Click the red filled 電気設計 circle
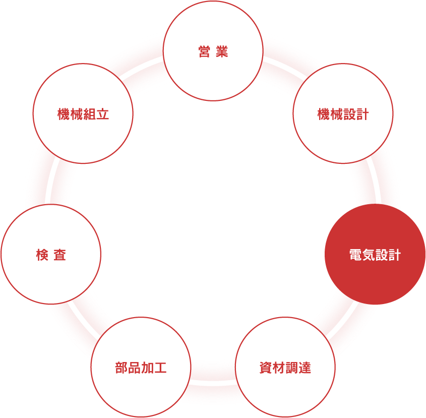(x=375, y=254)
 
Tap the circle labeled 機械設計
(x=343, y=113)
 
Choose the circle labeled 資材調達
(x=285, y=367)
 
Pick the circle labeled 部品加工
(x=141, y=367)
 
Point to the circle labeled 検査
(x=51, y=254)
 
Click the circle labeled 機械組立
(x=83, y=113)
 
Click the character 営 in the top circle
(x=204, y=52)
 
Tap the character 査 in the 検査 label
(x=60, y=255)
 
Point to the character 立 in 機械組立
(x=103, y=114)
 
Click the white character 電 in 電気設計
(x=355, y=255)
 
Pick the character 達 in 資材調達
(x=305, y=368)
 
